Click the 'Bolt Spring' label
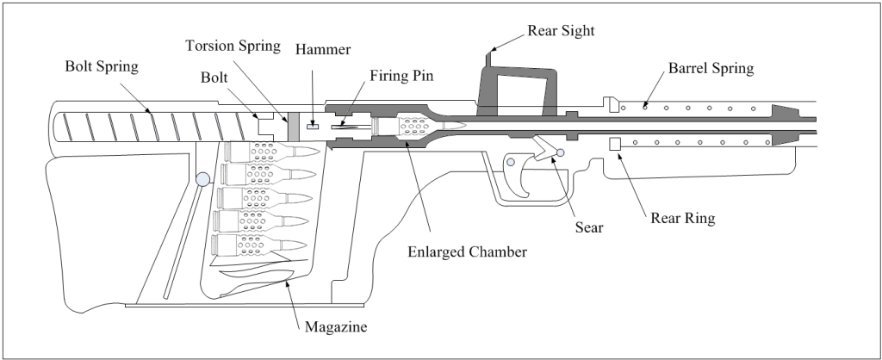pos(102,66)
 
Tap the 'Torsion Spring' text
pos(233,46)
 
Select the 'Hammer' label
pos(323,49)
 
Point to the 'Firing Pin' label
pos(401,76)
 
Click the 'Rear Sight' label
pos(561,30)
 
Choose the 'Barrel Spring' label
pos(711,68)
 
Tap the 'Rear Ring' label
pos(683,218)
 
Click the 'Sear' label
pos(589,227)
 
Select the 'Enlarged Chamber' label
pos(468,251)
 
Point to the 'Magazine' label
pos(336,326)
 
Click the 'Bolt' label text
pos(214,78)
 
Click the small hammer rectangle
pos(313,126)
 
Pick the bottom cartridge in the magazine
pos(259,244)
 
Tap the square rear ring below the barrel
pos(615,144)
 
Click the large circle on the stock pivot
pos(202,179)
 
